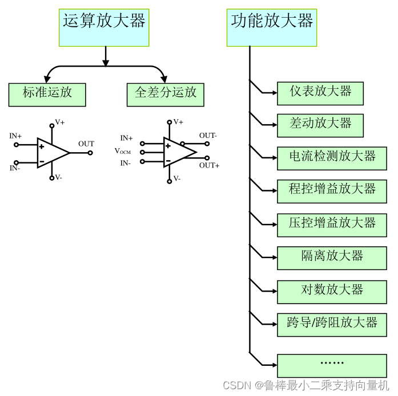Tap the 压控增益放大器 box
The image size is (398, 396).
point(332,224)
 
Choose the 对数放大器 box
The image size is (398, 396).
point(332,291)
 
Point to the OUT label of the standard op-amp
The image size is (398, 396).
point(86,144)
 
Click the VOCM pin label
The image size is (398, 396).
point(123,152)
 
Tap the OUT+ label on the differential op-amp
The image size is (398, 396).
point(209,165)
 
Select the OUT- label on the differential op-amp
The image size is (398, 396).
point(208,136)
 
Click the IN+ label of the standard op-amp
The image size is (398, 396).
point(15,136)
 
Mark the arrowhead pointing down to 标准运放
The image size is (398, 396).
point(46,79)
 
